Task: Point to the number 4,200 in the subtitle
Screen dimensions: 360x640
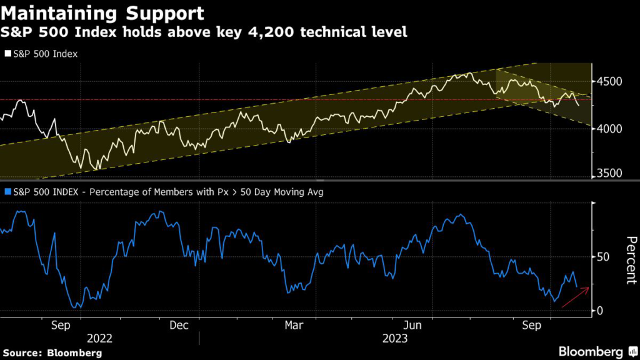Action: tap(302, 31)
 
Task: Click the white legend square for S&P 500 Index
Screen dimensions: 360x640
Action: tap(7, 54)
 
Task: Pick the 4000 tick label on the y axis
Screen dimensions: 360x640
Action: tap(610, 129)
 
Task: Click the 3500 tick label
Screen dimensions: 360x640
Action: tap(610, 174)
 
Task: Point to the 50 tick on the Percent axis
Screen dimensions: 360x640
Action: tap(603, 257)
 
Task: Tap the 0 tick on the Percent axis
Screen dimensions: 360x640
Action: tap(600, 311)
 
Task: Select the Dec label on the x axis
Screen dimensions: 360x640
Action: tap(180, 325)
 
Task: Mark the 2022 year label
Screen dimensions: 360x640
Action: tap(99, 338)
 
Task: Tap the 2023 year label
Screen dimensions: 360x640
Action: tap(395, 338)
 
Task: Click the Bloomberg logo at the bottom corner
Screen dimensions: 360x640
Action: tap(591, 352)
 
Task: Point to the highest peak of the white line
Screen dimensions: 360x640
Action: tap(469, 73)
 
